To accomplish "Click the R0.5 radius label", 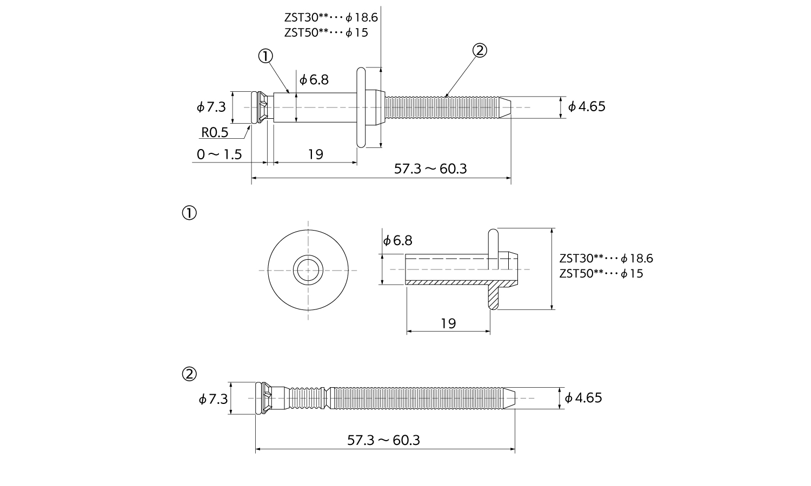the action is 215,133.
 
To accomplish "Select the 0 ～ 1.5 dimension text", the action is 219,154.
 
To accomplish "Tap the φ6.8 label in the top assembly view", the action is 314,80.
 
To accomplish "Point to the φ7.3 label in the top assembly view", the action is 211,107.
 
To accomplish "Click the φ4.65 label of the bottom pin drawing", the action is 583,398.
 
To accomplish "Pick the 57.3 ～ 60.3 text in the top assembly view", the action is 430,169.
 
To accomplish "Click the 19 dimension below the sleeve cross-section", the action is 448,323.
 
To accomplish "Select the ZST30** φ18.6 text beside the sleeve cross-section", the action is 606,259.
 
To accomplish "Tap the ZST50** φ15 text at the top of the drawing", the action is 326,32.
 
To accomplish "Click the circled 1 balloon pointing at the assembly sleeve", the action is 265,56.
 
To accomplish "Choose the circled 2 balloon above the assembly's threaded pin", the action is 480,51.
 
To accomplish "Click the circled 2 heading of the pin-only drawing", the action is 189,374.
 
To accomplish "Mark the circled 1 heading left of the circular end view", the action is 189,213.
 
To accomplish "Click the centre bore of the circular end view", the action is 308,270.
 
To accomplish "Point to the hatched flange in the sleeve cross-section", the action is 494,295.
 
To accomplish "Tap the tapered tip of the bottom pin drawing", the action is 509,398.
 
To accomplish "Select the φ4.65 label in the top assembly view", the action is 587,107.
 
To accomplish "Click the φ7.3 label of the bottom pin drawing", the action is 213,399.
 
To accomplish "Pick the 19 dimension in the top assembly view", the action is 315,154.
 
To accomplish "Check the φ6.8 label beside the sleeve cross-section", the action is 397,240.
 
